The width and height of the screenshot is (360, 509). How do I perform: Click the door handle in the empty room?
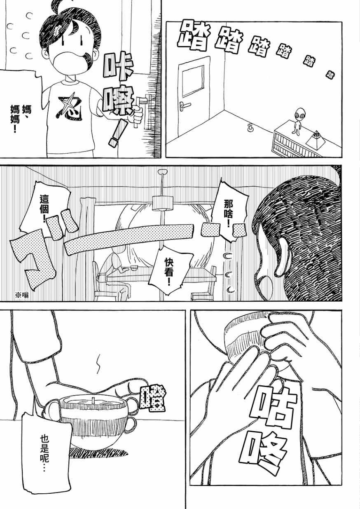click(185, 105)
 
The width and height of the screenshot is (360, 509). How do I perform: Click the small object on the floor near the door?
click(250, 128)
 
